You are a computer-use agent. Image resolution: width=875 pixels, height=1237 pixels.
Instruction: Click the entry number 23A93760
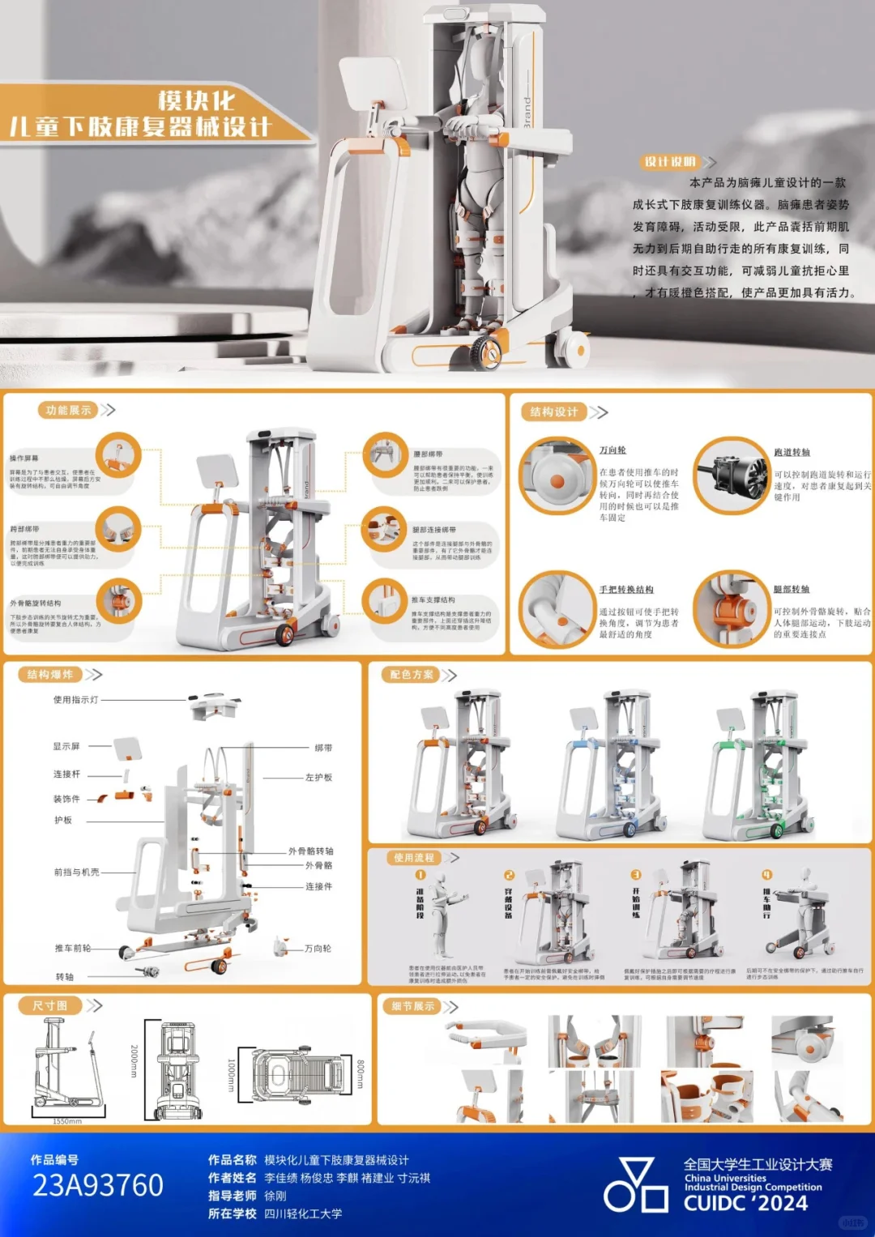click(98, 1185)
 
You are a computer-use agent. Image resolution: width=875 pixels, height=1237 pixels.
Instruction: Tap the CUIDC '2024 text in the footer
click(745, 1203)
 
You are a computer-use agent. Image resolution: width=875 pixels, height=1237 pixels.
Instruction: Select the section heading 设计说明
click(670, 162)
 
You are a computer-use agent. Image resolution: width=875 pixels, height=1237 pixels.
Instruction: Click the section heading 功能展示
click(68, 411)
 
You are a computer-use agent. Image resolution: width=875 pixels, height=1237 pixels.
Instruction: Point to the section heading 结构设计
click(554, 412)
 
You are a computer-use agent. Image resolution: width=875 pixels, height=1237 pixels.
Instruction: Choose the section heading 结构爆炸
click(50, 675)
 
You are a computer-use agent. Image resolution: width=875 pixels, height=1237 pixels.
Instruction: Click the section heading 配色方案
click(412, 675)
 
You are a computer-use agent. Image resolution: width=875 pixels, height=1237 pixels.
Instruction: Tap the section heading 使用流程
click(414, 858)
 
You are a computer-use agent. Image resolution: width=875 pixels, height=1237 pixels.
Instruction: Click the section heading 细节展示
click(413, 1007)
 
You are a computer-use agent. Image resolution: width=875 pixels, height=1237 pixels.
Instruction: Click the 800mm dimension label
click(361, 1074)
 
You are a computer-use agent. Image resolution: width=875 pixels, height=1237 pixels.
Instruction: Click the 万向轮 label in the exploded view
click(318, 949)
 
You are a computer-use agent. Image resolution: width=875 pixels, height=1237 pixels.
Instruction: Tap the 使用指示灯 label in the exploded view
click(75, 700)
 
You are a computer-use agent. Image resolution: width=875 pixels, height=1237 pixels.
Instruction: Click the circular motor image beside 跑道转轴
click(732, 476)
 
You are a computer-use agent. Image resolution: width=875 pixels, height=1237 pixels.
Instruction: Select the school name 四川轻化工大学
click(303, 1214)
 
